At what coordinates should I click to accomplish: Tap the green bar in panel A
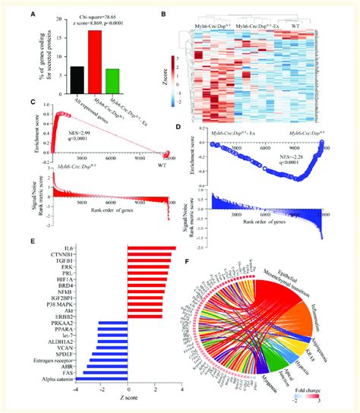pyautogui.click(x=113, y=79)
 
